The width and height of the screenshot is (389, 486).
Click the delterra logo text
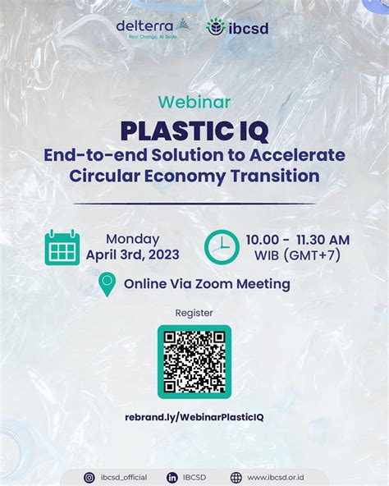(x=145, y=26)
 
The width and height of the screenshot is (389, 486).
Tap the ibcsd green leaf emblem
(x=216, y=27)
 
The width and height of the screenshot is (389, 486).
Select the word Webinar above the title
(x=194, y=102)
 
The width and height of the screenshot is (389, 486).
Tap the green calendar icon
(x=62, y=247)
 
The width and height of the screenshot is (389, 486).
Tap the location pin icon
(x=106, y=285)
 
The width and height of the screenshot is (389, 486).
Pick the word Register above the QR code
(x=194, y=313)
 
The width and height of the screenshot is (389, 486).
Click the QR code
(x=194, y=361)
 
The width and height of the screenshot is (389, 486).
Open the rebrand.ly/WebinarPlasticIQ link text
(x=194, y=417)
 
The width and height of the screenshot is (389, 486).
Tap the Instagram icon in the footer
(x=89, y=477)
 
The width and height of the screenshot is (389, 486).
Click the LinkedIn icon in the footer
(x=173, y=477)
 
